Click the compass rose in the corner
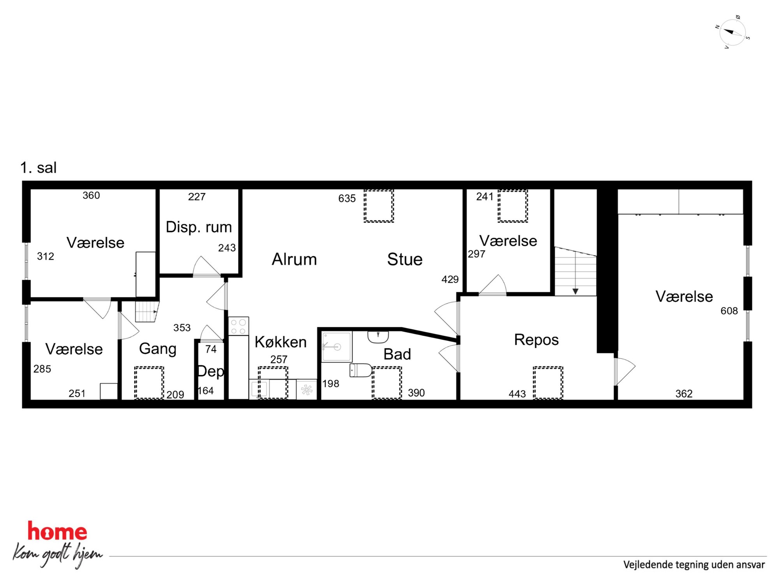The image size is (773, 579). (732, 32)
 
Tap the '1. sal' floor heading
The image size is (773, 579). (38, 168)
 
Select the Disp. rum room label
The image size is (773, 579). (199, 227)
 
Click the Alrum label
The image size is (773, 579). (294, 259)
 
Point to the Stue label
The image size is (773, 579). (405, 259)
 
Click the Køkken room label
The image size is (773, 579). (281, 342)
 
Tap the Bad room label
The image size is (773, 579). (397, 354)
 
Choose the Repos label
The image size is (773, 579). (536, 340)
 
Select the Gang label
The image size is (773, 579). (157, 349)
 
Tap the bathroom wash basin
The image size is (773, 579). (378, 337)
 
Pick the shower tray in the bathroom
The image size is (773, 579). (337, 347)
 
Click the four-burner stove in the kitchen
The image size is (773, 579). (238, 326)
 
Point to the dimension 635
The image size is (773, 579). (347, 198)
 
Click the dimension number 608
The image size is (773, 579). (729, 311)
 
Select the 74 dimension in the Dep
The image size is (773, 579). (211, 349)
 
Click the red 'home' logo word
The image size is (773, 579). (57, 531)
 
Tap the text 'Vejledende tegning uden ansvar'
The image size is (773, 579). (694, 565)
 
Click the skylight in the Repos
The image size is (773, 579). (548, 383)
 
